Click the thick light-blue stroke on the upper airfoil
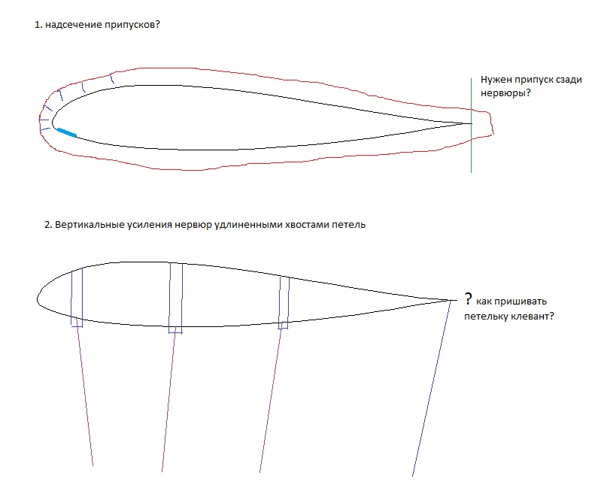click(66, 132)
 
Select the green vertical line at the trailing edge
click(472, 143)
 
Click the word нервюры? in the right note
click(502, 92)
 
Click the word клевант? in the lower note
click(533, 316)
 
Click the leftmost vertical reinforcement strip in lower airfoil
click(76, 297)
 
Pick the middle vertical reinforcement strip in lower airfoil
click(175, 297)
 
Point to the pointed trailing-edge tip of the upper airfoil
click(470, 123)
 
